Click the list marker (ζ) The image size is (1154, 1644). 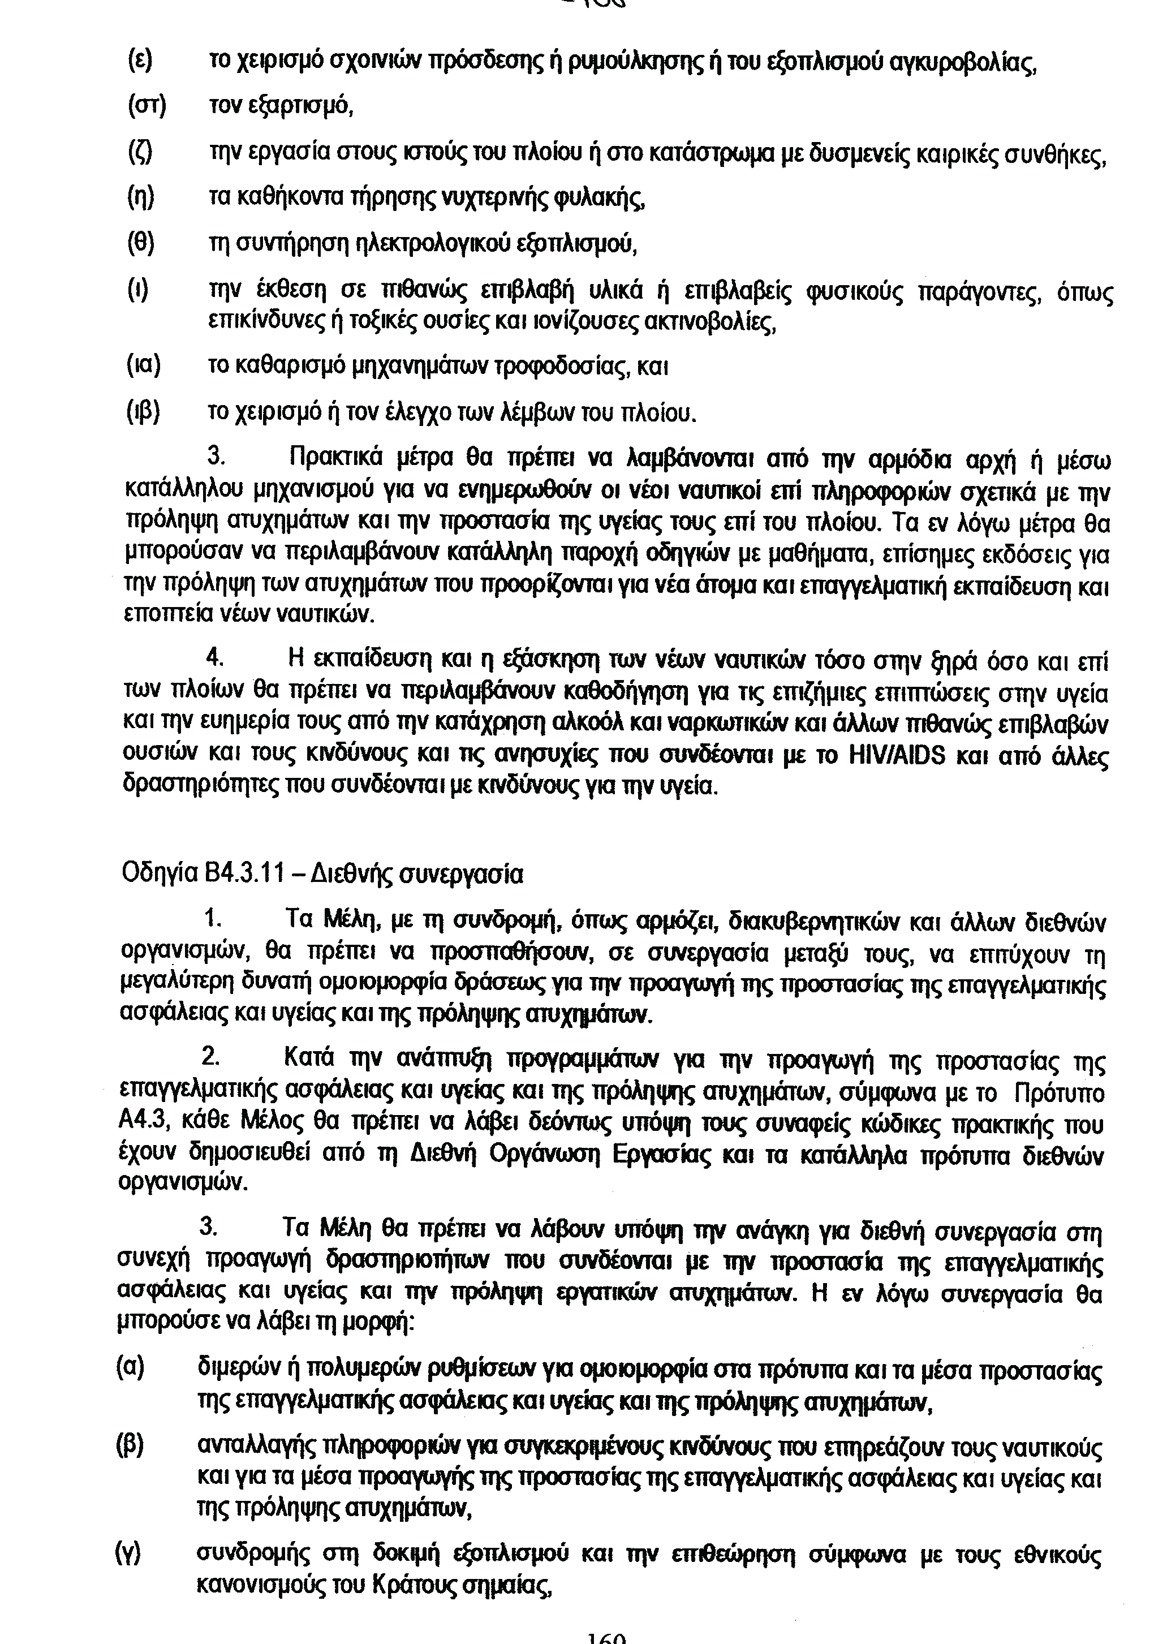pos(141,153)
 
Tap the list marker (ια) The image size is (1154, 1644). pos(143,366)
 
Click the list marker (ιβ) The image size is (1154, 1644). pos(143,412)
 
